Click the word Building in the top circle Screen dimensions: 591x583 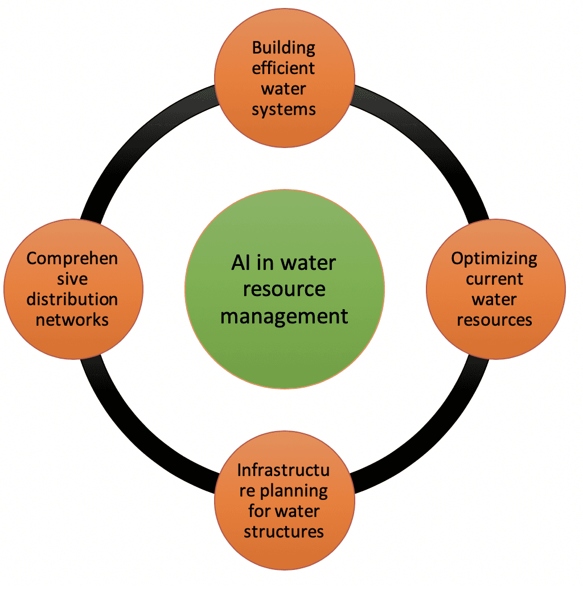tap(284, 47)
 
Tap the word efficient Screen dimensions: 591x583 tap(284, 68)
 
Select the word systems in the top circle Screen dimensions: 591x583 tap(284, 109)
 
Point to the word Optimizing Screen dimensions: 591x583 tap(494, 258)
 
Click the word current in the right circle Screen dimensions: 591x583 tap(494, 279)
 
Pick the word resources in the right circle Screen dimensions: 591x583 tap(494, 319)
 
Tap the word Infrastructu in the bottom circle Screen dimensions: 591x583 tap(283, 470)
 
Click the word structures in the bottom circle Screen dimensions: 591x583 tap(284, 532)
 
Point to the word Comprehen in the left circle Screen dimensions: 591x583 tap(72, 258)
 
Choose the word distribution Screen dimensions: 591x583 tap(72, 299)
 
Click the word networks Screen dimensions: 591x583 tap(72, 319)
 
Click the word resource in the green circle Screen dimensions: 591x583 tap(284, 289)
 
